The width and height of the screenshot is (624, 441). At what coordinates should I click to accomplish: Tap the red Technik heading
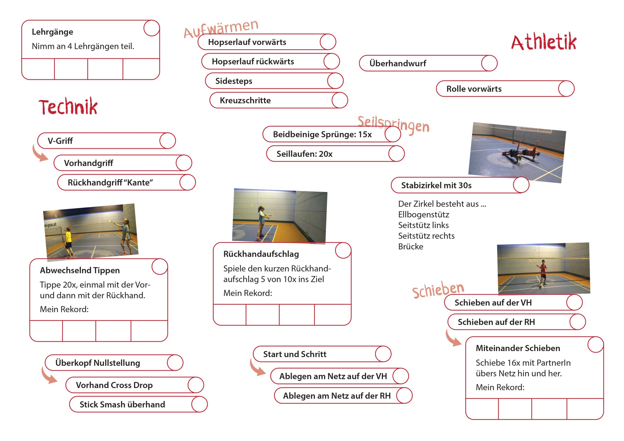coord(68,107)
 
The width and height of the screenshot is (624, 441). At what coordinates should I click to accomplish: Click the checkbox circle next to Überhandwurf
coord(489,63)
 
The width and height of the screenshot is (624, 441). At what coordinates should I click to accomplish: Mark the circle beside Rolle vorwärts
coord(566,89)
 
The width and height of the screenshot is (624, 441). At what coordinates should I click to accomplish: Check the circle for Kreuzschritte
coord(340,100)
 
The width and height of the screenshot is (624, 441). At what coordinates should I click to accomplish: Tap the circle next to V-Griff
coord(167,141)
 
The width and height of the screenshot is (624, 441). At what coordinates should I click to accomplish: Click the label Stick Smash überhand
coord(122,404)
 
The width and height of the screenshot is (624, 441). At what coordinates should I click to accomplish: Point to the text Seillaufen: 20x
coord(304,154)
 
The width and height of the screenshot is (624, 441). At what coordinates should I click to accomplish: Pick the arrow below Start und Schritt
coord(257,368)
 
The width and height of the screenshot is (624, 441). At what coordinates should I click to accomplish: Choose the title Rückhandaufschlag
coord(261,254)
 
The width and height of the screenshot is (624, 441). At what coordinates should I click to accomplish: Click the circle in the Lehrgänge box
coord(151,28)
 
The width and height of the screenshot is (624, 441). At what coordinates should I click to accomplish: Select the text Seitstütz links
coord(423,225)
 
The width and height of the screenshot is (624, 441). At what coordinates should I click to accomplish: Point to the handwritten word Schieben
coord(438,290)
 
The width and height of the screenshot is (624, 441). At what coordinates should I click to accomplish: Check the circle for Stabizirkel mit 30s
coord(521,185)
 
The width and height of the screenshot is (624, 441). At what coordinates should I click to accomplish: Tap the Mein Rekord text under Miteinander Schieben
coord(500,387)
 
